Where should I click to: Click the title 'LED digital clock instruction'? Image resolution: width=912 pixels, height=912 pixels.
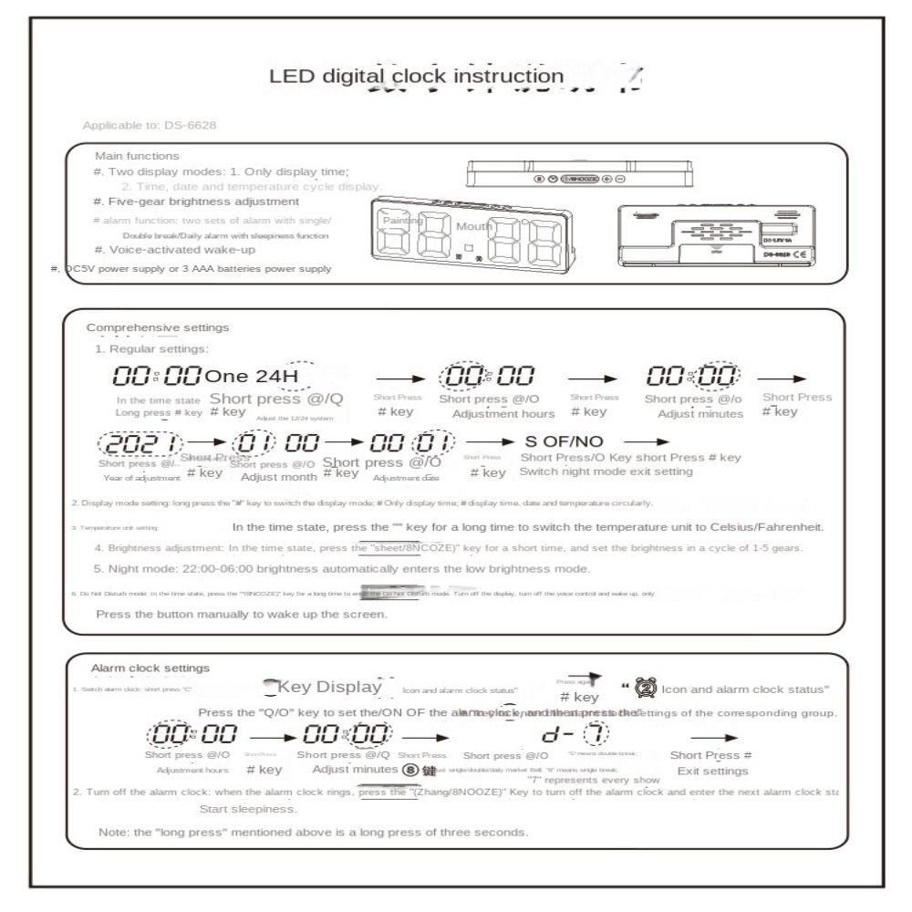pos(416,75)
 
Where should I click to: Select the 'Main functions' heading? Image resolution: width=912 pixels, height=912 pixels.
pos(137,156)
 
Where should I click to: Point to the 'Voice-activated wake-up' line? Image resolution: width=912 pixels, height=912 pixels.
pos(173,249)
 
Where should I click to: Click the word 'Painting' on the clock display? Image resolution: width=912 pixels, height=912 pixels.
pos(403,221)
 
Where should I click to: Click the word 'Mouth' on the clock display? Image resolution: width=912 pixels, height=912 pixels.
pos(474,225)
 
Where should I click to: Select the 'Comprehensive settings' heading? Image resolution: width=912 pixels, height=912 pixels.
pos(158,327)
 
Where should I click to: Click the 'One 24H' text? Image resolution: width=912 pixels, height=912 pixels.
pos(251,375)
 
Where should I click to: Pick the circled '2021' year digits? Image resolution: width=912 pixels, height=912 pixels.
pos(133,444)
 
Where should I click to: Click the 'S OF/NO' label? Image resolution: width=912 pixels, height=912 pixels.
pos(564,441)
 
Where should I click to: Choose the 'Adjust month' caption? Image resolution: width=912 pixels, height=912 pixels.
pos(274,477)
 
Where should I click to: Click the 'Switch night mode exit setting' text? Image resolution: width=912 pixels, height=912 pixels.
pos(606,472)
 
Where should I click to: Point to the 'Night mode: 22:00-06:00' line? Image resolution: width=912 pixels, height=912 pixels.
pos(342,568)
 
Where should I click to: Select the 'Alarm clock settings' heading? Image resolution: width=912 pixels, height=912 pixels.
pos(150,668)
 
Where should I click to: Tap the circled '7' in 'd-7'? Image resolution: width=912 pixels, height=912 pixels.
pos(596,732)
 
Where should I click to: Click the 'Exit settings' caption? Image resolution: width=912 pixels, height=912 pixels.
pos(712,771)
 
